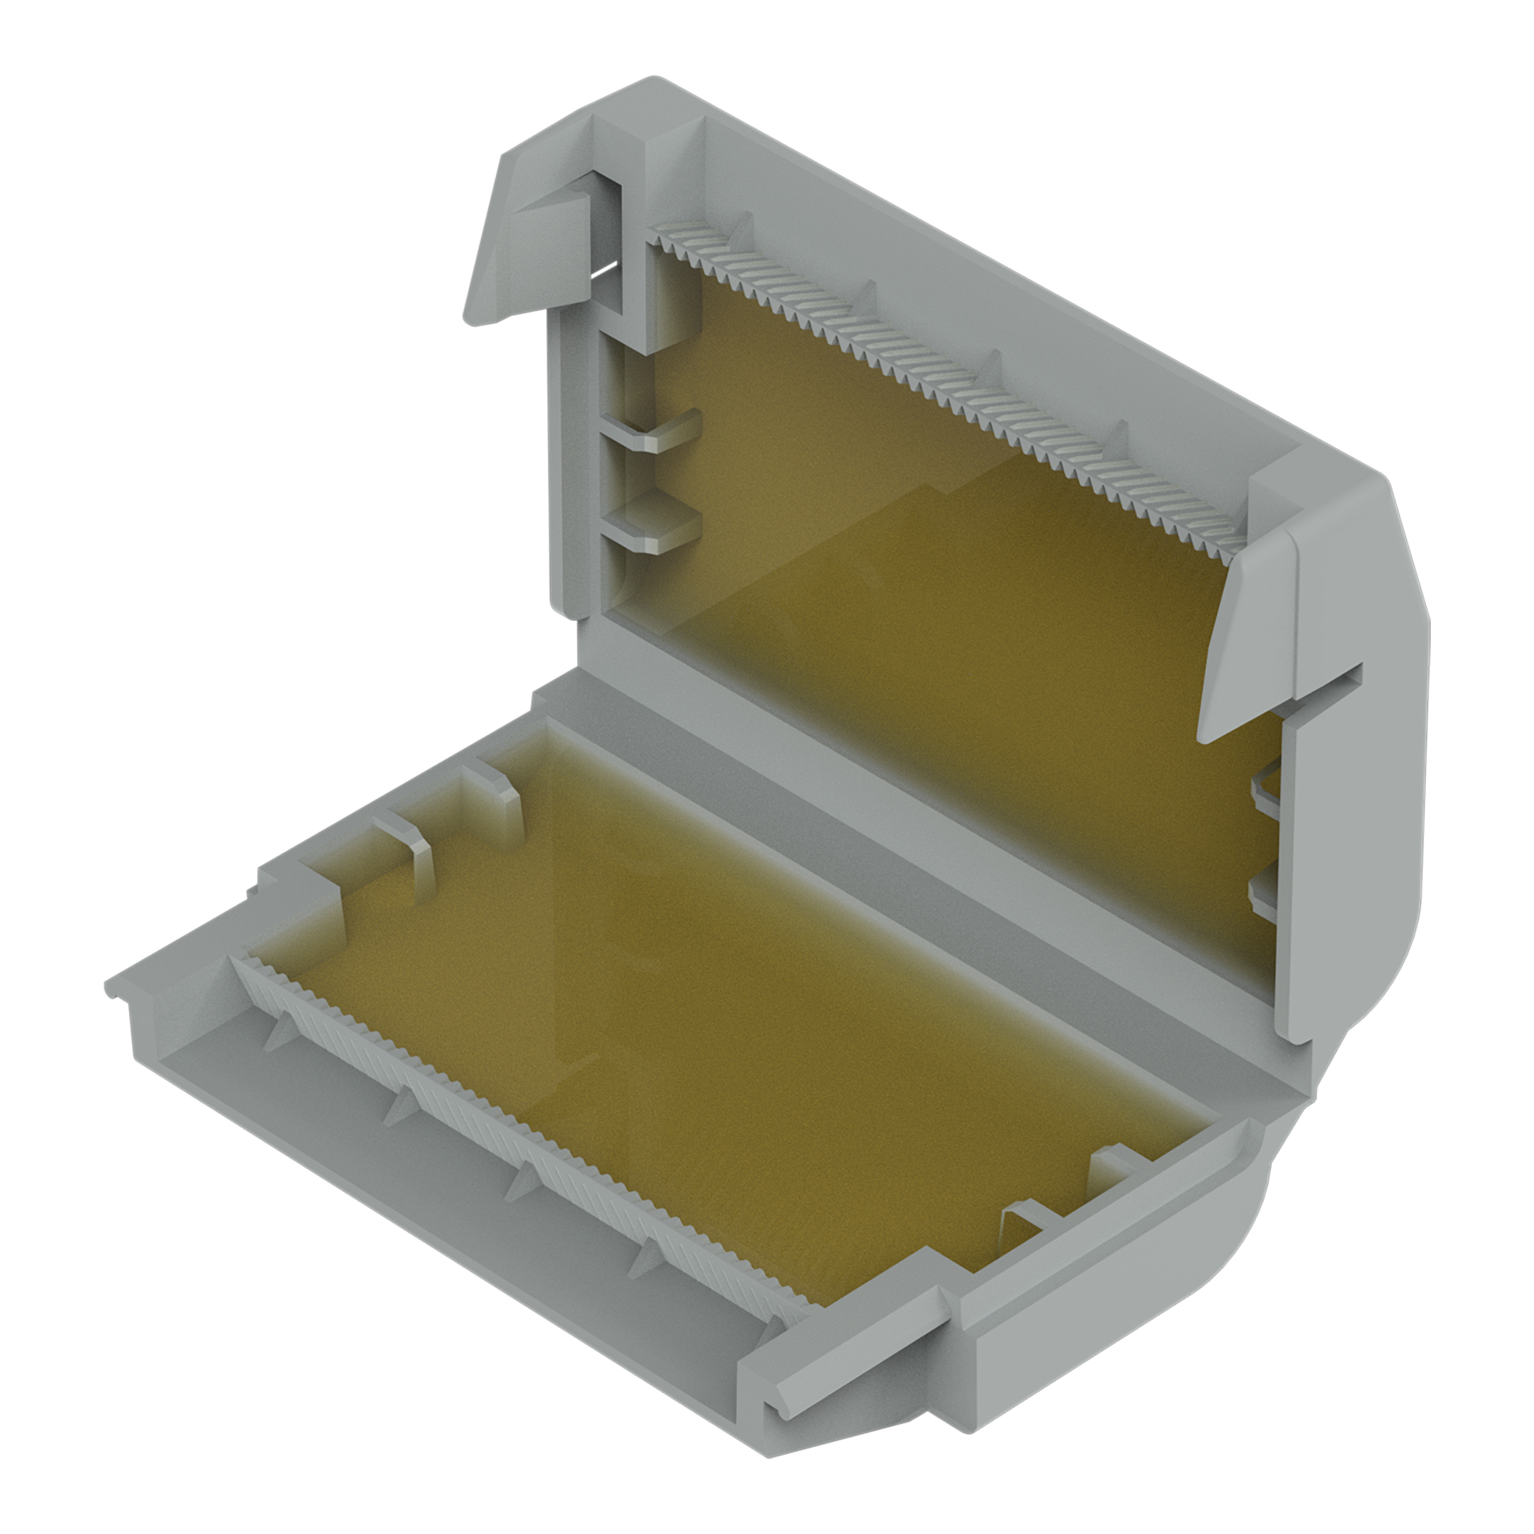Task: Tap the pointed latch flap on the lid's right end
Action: coord(1246,635)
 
